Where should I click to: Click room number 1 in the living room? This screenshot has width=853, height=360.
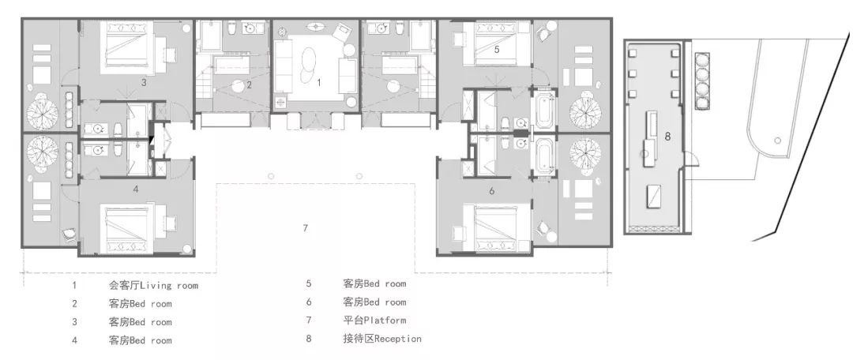click(x=319, y=83)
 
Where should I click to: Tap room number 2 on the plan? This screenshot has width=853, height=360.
click(x=249, y=84)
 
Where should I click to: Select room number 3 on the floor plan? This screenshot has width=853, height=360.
click(x=144, y=83)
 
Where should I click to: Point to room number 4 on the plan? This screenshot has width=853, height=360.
click(x=136, y=189)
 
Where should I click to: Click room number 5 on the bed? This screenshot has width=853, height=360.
click(x=498, y=49)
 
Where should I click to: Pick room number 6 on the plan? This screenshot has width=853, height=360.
click(x=492, y=191)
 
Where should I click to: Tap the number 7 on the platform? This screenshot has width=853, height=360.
click(x=305, y=228)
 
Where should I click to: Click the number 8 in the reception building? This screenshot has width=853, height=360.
click(x=667, y=137)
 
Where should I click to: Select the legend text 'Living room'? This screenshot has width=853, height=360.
click(x=169, y=285)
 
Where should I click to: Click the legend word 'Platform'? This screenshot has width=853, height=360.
click(x=385, y=320)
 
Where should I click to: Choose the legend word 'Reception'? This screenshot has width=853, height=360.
click(x=398, y=339)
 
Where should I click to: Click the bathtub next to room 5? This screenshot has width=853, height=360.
click(x=544, y=111)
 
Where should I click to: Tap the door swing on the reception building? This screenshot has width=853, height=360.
click(x=691, y=160)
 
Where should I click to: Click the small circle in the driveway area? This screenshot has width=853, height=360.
click(x=778, y=141)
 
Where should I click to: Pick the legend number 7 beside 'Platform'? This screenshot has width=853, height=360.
click(x=309, y=320)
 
